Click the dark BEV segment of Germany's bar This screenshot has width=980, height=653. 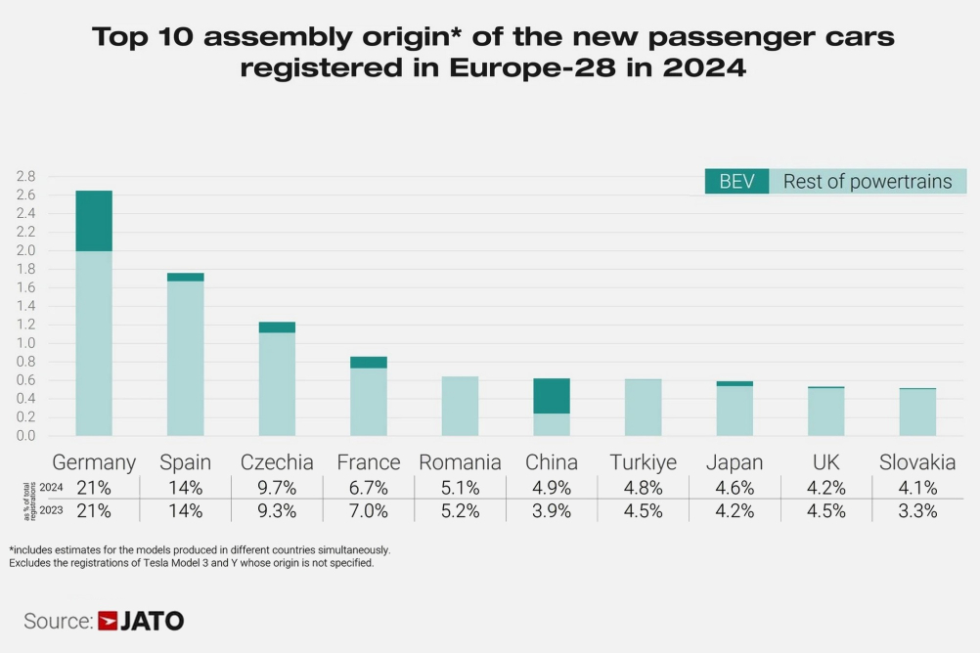point(94,221)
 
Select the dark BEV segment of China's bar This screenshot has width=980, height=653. point(552,396)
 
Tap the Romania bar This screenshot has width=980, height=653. point(460,406)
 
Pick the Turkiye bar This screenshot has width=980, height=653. point(643,407)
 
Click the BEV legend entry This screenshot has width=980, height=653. point(736,181)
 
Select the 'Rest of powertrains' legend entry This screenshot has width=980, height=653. point(868,181)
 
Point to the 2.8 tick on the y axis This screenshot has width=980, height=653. point(25,177)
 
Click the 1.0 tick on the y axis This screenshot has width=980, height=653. point(25,343)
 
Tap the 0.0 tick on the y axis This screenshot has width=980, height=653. point(25,436)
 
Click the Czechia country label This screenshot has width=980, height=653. point(277,462)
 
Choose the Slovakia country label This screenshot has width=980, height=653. point(917,462)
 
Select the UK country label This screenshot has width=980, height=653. point(826,462)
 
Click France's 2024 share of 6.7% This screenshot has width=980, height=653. point(369,488)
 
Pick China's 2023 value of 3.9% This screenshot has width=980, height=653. point(552,510)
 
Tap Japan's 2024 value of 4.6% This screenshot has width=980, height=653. point(735,488)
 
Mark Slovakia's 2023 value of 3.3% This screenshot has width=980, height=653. point(917,510)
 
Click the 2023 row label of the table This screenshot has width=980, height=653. point(51,510)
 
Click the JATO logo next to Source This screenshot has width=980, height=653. point(141,621)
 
